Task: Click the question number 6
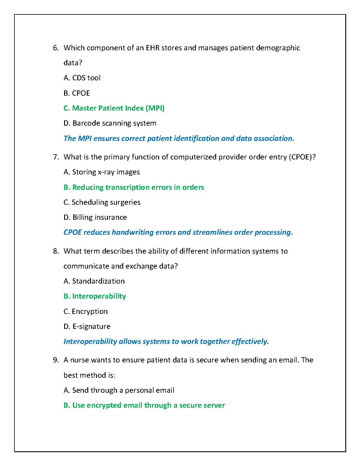point(56,48)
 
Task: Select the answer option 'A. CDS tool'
point(82,78)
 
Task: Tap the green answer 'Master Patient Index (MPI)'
point(118,108)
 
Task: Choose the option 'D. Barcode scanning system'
point(110,123)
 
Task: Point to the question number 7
point(56,157)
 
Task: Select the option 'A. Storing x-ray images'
point(101,172)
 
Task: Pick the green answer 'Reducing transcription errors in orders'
point(138,187)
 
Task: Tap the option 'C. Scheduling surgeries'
point(102,202)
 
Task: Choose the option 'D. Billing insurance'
point(95,217)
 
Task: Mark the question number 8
point(56,251)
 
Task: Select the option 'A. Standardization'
point(94,281)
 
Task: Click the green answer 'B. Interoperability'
point(95,296)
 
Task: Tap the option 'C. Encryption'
point(86,312)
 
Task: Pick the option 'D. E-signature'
point(87,327)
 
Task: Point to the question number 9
point(56,360)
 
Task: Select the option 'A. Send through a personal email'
point(119,390)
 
